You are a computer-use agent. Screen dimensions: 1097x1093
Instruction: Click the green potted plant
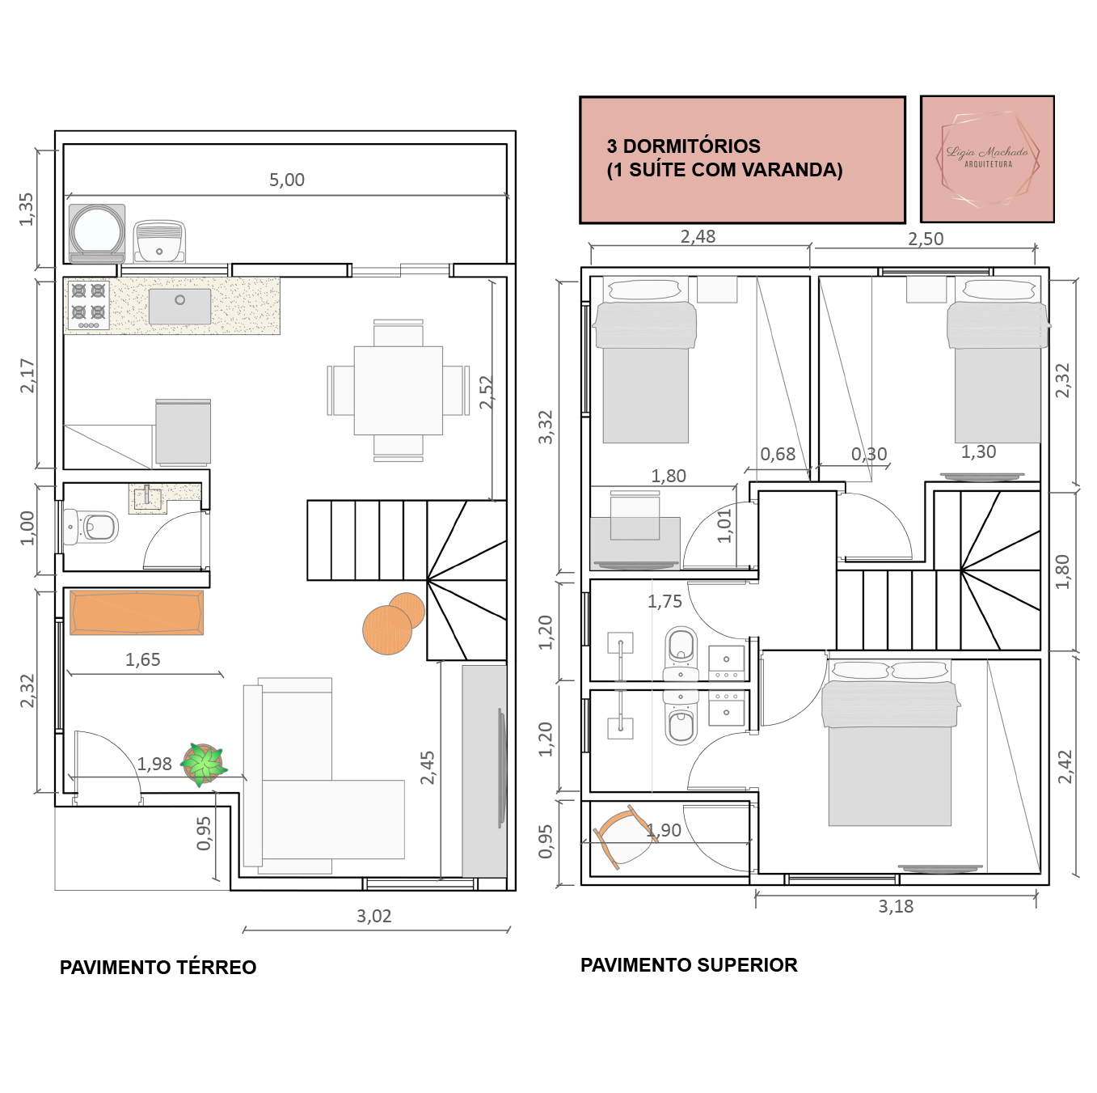tap(203, 765)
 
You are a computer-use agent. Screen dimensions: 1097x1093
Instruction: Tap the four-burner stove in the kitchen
tap(88, 305)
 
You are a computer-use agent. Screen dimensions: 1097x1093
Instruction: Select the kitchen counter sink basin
tap(179, 306)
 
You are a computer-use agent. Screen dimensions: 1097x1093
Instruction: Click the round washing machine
tap(96, 233)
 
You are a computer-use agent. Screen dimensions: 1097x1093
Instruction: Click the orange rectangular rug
tap(136, 612)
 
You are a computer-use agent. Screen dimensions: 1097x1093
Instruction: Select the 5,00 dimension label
tap(286, 180)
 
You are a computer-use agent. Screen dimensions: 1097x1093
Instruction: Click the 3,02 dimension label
tap(374, 916)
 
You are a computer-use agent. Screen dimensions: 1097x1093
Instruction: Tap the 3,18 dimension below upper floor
tap(896, 906)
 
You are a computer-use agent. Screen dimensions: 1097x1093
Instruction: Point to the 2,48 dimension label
tap(698, 236)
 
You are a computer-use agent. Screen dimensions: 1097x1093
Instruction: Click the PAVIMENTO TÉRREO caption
tap(158, 967)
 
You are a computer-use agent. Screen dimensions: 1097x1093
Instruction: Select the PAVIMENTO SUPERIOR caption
tap(689, 965)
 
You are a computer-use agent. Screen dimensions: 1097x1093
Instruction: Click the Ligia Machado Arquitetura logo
tap(987, 159)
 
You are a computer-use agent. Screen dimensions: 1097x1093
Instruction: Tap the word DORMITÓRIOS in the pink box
tap(692, 146)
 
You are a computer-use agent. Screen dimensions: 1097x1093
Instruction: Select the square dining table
tap(398, 390)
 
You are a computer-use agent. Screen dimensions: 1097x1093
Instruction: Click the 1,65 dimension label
tap(142, 659)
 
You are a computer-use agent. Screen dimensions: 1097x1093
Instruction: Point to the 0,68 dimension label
tap(778, 454)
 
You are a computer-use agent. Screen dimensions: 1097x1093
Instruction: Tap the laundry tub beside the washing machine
tap(159, 242)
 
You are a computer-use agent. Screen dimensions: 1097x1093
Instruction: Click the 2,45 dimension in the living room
tap(427, 768)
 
